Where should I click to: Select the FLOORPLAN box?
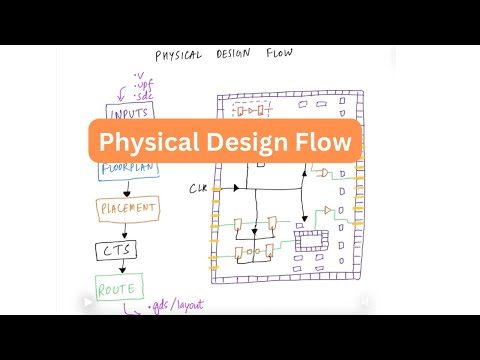pyautogui.click(x=128, y=170)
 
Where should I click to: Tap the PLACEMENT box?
pyautogui.click(x=128, y=209)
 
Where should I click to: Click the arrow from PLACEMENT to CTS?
pyautogui.click(x=123, y=230)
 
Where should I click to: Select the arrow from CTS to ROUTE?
pyautogui.click(x=122, y=269)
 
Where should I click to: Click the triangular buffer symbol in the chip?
pyautogui.click(x=327, y=210)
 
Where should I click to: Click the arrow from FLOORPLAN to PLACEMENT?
pyautogui.click(x=124, y=190)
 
